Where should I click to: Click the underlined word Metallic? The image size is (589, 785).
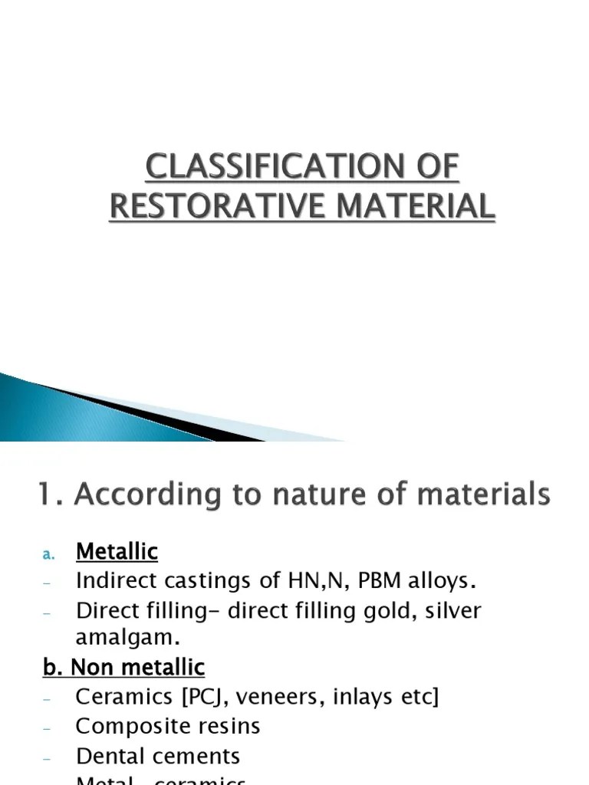point(117,551)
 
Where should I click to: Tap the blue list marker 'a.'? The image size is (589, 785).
point(47,553)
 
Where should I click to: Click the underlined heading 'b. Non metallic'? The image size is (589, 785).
point(123,668)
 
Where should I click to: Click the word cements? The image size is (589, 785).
point(199,756)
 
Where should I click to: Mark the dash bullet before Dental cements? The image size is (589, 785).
point(47,757)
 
